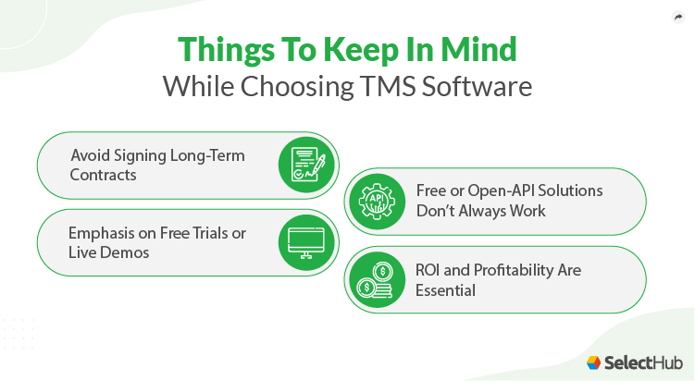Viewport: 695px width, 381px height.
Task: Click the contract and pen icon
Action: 305,165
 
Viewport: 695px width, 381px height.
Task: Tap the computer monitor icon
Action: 305,242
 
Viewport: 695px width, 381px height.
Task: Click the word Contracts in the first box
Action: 104,174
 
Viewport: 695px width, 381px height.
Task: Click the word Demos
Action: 125,252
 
